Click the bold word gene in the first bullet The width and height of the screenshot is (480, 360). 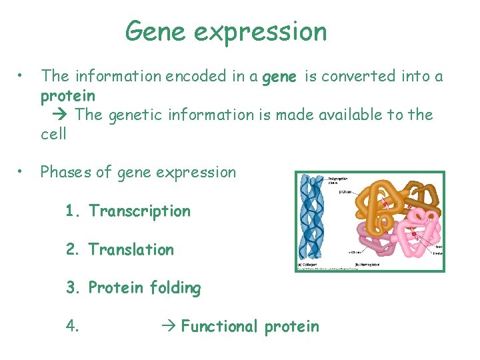[x=280, y=77]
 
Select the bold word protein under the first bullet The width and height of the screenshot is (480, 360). [x=67, y=96]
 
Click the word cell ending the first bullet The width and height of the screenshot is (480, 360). [x=53, y=134]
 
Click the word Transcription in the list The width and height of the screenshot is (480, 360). [x=139, y=211]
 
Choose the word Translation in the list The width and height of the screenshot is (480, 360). [x=131, y=250]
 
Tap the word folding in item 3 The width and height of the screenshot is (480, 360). [x=175, y=289]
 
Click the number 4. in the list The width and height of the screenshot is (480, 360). [x=73, y=327]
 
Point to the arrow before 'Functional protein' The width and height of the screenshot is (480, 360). [x=169, y=327]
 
